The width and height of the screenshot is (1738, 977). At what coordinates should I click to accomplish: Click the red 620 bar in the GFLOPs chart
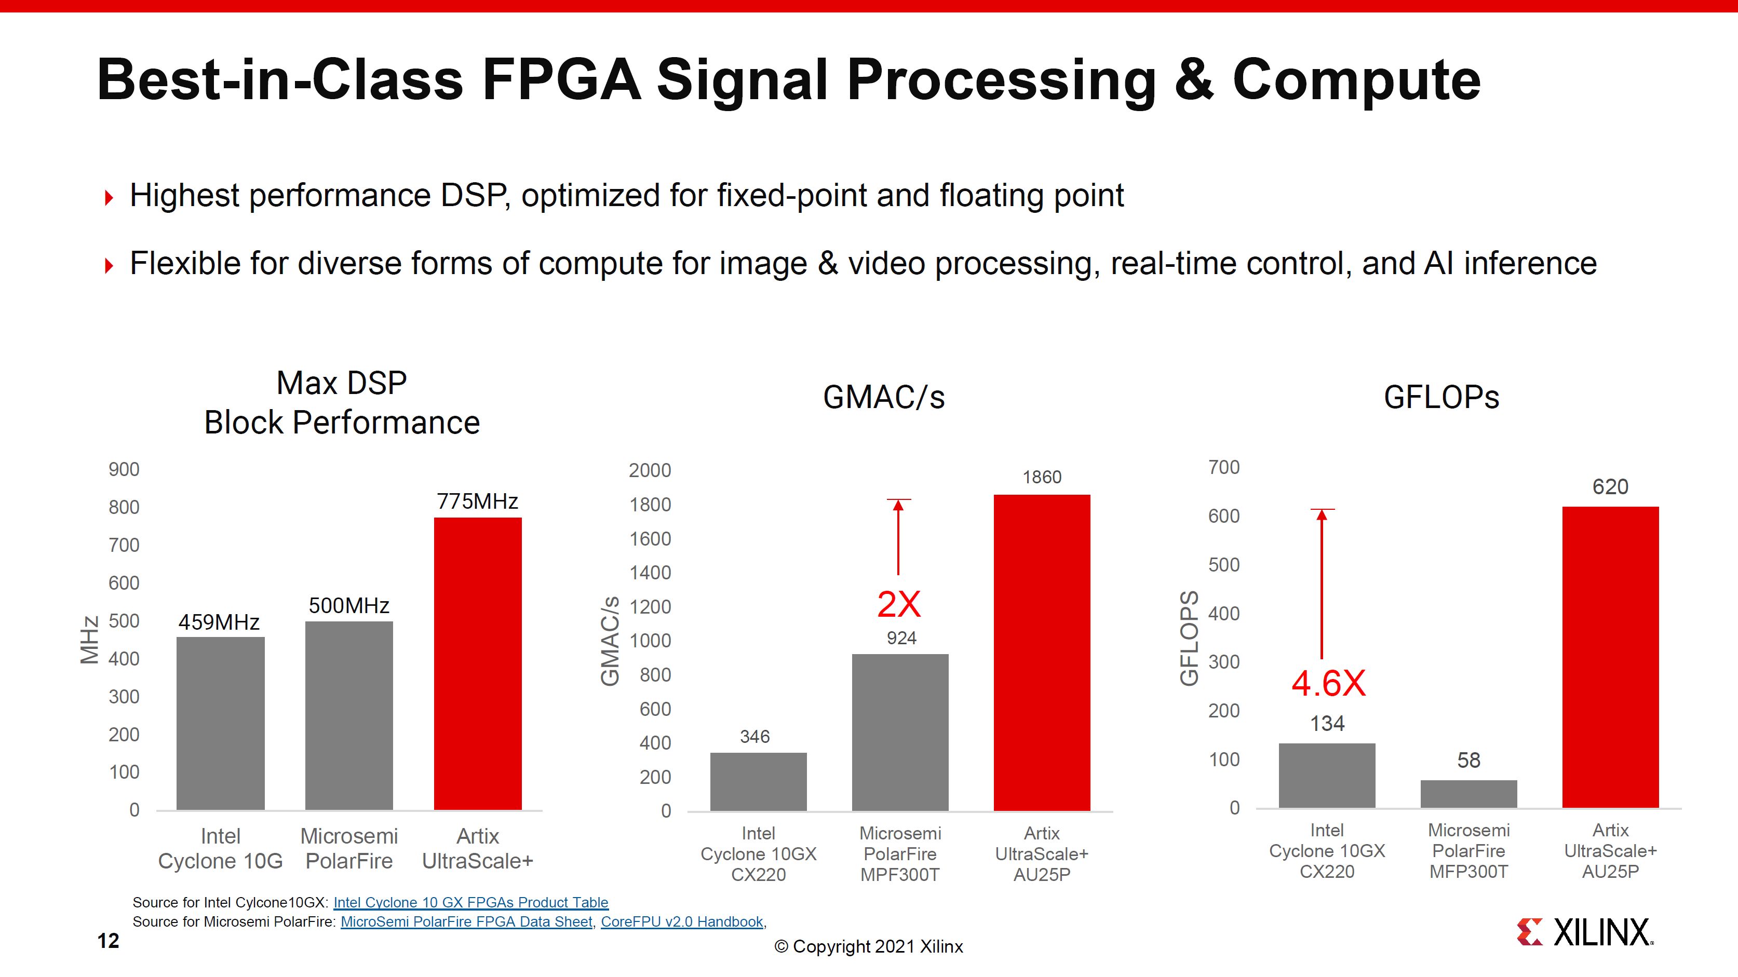click(x=1610, y=657)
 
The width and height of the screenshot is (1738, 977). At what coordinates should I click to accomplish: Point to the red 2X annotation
click(x=899, y=604)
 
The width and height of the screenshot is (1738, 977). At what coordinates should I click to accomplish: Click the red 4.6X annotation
click(x=1328, y=684)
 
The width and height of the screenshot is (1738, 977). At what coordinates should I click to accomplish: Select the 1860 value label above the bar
click(x=1042, y=477)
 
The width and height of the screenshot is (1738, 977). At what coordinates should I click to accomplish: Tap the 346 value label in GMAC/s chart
click(x=755, y=736)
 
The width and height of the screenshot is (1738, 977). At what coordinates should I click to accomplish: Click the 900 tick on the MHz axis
click(x=124, y=470)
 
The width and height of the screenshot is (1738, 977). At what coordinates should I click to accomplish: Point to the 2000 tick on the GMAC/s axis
click(x=650, y=470)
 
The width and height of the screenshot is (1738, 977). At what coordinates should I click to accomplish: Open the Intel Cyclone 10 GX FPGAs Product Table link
click(x=470, y=902)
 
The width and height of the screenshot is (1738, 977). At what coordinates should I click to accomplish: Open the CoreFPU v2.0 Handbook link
click(x=681, y=921)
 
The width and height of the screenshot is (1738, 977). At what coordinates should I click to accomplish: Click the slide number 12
click(x=108, y=941)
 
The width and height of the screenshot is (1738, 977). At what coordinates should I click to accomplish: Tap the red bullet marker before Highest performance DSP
click(x=109, y=198)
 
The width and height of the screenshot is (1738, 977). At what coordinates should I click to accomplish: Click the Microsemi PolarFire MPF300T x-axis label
click(x=900, y=853)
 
